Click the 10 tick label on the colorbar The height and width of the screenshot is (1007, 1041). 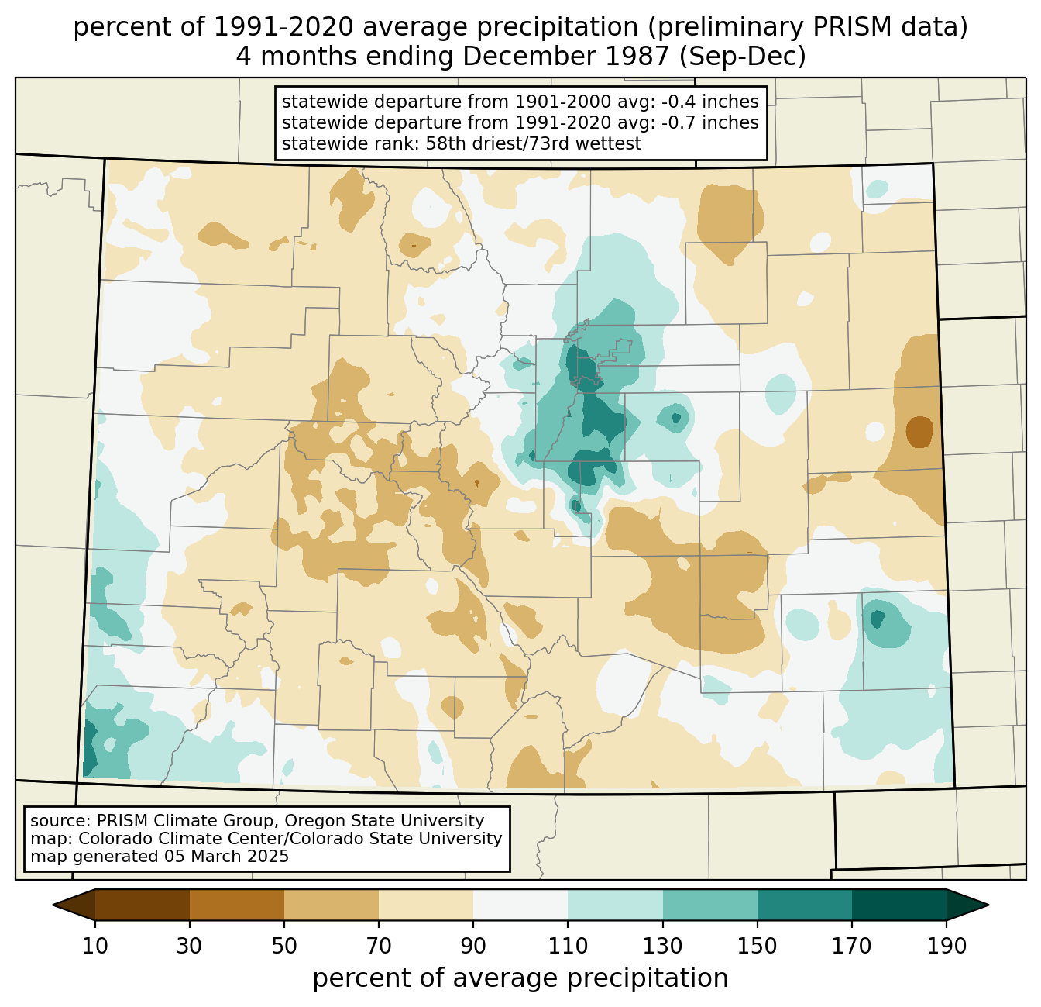95,947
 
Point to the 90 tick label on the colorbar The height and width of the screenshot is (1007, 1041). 473,947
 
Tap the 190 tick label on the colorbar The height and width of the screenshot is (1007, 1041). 946,947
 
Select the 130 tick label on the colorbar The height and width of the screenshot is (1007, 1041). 663,947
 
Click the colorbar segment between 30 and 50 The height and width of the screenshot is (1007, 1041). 237,905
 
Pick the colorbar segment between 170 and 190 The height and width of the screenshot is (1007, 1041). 898,905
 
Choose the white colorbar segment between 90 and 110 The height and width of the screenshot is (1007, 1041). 520,905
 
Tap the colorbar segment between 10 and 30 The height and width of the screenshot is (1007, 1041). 143,905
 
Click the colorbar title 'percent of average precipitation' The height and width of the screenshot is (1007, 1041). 520,978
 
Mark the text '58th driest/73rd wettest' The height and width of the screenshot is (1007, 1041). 534,143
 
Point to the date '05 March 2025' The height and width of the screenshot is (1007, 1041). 226,857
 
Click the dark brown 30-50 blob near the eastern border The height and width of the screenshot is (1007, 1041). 919,431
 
